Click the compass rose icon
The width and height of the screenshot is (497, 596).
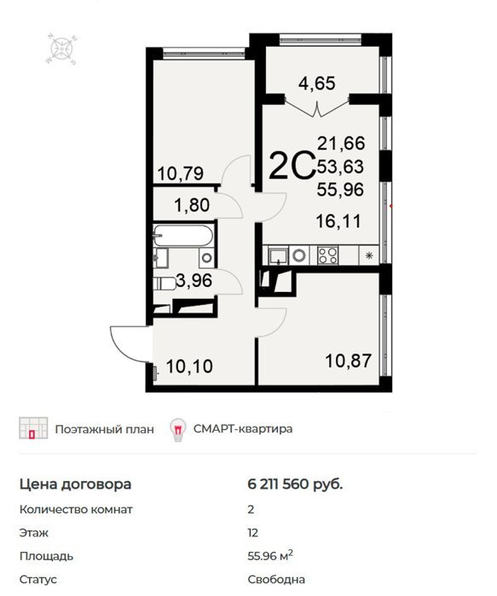61,49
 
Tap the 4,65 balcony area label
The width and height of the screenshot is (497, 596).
316,83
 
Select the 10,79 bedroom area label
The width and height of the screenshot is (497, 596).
181,174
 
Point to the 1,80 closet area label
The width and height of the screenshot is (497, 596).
192,205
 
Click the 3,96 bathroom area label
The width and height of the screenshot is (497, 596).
194,280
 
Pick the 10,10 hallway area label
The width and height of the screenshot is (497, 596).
189,366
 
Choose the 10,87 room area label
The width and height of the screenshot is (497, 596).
349,360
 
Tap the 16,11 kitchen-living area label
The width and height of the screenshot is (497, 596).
338,221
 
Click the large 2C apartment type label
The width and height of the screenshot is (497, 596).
292,165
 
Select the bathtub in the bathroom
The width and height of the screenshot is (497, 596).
183,236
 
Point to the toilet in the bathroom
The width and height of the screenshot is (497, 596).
165,284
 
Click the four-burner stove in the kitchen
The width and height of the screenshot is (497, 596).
327,255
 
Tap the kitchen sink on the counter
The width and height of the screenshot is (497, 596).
279,255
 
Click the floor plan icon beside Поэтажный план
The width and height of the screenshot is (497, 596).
33,428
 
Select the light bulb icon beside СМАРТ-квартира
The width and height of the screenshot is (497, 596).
177,429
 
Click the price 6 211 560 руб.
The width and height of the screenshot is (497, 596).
295,484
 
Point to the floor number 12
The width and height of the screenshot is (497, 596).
252,533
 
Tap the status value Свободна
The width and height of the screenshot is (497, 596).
276,580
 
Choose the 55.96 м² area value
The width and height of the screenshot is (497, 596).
270,556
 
